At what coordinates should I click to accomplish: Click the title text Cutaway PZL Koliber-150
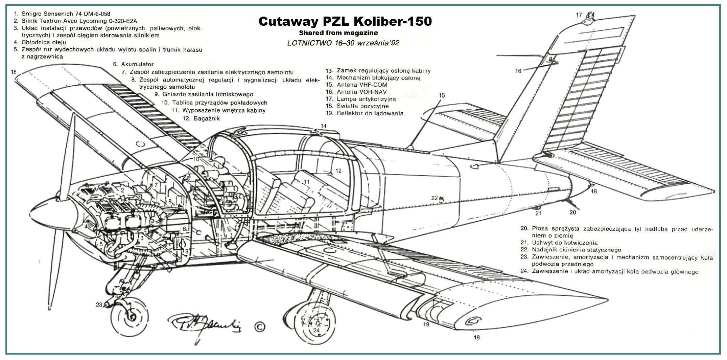pos(345,21)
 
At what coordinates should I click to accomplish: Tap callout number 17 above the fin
pos(579,15)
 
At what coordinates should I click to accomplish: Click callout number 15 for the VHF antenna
pos(442,95)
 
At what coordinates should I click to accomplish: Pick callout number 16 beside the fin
pos(518,71)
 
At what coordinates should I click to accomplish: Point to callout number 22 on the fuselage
pos(435,198)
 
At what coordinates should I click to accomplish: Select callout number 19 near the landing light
pos(426,324)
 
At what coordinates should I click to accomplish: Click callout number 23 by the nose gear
pos(99,305)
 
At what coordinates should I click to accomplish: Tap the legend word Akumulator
pos(137,64)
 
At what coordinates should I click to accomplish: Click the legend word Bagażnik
pos(207,118)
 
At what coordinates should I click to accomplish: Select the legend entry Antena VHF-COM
pos(362,85)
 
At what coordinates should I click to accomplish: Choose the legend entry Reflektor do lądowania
pos(370,113)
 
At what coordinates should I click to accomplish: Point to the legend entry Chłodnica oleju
pos(44,42)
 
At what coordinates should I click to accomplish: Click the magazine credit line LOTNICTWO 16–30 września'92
pos(343,43)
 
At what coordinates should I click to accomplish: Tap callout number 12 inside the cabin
pos(338,171)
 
